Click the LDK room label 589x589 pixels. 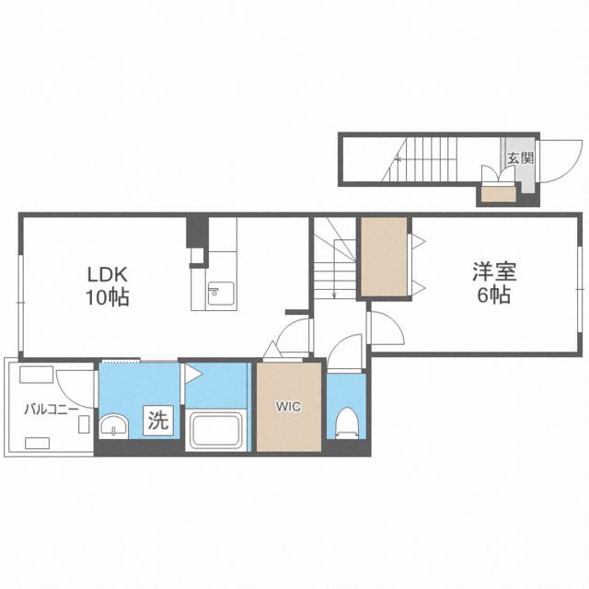pos(108,274)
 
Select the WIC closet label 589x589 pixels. pos(288,407)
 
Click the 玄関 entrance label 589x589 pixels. pos(521,157)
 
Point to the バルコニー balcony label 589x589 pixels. pos(52,409)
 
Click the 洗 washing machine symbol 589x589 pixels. pos(158,421)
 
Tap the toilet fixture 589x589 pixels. pos(346,423)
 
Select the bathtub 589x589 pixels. pos(216,431)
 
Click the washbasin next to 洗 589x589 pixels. pos(114,426)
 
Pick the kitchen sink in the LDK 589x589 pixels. pos(221,294)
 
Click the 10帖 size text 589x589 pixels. pos(108,298)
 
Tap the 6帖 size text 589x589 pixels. pos(494,294)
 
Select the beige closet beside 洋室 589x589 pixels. pos(384,258)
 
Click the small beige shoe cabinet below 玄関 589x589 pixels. pos(499,194)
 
